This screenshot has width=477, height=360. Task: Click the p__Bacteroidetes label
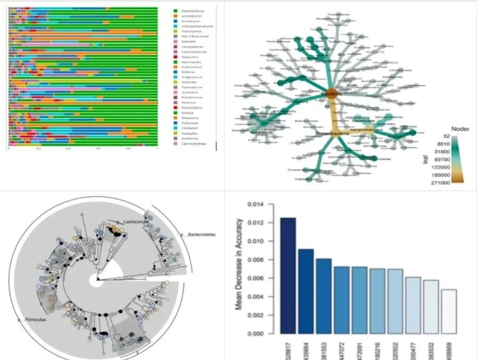point(197,234)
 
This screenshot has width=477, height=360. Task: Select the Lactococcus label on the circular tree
point(134,221)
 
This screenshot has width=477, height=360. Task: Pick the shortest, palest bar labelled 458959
point(449,311)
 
